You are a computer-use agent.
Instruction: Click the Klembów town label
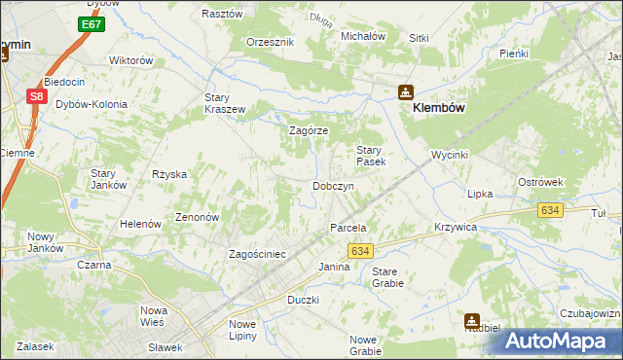tap(443, 109)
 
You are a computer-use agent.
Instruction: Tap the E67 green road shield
tap(92, 23)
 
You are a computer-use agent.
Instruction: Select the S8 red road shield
tap(36, 96)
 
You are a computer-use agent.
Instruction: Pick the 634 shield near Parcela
tap(360, 251)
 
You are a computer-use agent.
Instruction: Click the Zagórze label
tap(310, 130)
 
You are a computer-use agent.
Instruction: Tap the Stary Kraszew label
tap(224, 103)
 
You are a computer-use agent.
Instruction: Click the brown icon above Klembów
tap(405, 92)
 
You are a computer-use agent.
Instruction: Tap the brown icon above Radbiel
tap(471, 319)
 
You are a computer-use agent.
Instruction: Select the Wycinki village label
tap(451, 156)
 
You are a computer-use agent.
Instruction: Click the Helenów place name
tap(140, 224)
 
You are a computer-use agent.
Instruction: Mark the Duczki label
tap(303, 300)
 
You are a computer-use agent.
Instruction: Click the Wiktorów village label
tap(131, 60)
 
